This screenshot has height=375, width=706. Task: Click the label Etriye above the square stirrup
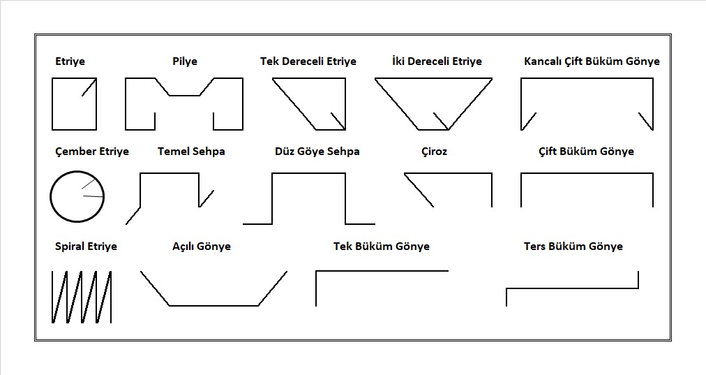tap(70, 61)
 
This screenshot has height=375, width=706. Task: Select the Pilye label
tap(185, 61)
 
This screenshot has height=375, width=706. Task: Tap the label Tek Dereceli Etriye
tap(308, 61)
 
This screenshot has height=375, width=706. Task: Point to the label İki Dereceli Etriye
tap(437, 61)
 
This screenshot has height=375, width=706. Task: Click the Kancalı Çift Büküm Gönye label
tap(592, 61)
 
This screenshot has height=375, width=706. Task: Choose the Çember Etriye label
tap(91, 152)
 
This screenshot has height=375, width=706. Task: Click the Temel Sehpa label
tap(191, 152)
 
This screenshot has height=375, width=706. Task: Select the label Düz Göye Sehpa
tap(317, 152)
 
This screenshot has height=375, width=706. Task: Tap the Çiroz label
tap(435, 152)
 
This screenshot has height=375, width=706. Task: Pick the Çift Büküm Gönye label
tap(586, 152)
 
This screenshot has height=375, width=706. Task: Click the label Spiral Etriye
tap(86, 247)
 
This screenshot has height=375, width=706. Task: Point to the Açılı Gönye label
tap(202, 247)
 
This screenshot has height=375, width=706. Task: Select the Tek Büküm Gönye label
tap(382, 247)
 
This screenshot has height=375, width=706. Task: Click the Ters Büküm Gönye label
tap(573, 247)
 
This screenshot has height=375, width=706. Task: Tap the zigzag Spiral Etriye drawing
tap(82, 297)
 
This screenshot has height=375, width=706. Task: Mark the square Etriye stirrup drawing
tap(74, 104)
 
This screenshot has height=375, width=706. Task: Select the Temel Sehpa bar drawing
tap(170, 175)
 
